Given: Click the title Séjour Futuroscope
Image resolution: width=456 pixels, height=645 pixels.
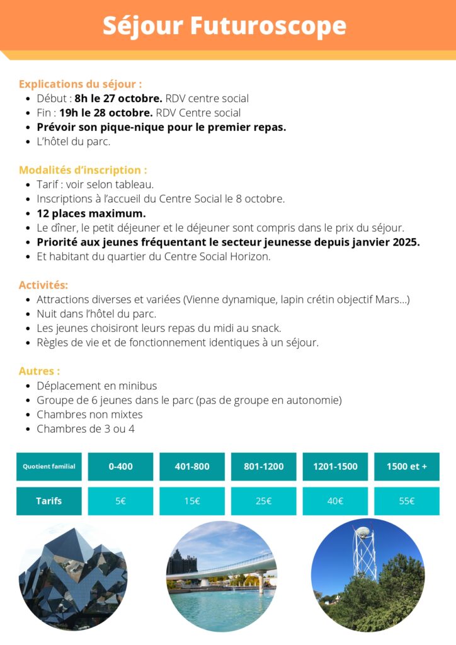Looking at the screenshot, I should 224,26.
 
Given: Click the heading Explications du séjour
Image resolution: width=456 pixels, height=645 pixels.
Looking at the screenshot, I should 80,84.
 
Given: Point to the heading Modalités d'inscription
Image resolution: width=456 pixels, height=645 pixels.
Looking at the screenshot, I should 83,169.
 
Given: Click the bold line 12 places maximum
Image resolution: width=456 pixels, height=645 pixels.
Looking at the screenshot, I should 91,213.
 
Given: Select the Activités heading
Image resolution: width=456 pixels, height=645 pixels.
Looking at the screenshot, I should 43,285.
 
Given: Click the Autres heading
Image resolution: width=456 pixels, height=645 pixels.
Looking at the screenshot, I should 40,371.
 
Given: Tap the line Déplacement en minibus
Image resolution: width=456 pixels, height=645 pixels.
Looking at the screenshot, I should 97,385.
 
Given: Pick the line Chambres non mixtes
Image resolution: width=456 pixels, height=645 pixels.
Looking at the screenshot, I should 89,414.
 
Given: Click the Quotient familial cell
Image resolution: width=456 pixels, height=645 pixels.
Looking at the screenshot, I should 49,467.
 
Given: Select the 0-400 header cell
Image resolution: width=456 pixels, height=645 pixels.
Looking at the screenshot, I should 120,467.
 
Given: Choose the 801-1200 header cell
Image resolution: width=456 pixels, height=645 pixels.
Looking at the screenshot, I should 264,467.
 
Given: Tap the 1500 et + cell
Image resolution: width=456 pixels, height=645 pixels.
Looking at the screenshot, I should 407,467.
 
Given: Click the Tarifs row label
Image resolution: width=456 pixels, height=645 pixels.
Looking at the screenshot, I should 49,501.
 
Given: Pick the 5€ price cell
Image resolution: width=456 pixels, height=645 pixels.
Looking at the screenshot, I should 120,501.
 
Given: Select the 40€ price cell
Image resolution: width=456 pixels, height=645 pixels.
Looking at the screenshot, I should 335,501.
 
